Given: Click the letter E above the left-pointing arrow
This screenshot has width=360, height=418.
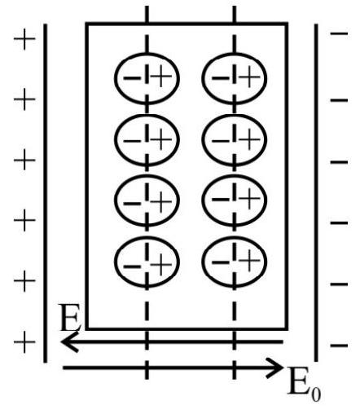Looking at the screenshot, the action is coord(69,317).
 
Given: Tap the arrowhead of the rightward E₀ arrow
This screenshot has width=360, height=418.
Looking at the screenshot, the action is coord(275,367).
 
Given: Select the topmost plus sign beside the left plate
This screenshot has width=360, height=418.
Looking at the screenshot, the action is coord(24,39).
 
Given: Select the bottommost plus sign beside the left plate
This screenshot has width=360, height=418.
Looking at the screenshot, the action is coord(24,342).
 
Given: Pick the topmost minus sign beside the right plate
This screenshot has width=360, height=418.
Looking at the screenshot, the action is coord(339,33).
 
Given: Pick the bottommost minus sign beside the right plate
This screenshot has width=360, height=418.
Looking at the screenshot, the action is coord(339,345).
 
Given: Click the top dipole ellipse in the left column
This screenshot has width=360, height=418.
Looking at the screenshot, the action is coord(115,78).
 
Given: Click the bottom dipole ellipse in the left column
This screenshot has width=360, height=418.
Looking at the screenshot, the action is coord(115,262).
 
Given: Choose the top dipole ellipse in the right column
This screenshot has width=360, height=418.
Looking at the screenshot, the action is coord(203,78).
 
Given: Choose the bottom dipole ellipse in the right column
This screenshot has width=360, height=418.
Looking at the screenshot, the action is coord(203,262).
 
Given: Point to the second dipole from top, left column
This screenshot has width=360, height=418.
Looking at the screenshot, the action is coord(115,139).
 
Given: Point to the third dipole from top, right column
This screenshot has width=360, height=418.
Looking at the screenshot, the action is coord(203,200).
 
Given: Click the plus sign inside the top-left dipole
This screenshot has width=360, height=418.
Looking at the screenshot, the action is coord(161,77).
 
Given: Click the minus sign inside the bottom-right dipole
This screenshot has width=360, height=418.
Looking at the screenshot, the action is coord(221,262).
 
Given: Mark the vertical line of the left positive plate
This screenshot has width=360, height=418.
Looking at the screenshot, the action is coord(46,193).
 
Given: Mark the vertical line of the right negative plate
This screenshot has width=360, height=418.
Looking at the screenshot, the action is coord(316,193).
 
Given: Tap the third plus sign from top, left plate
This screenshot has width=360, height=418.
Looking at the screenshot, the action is coord(24,160).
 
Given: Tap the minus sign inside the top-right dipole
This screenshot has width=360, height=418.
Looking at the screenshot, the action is coord(221,78).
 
